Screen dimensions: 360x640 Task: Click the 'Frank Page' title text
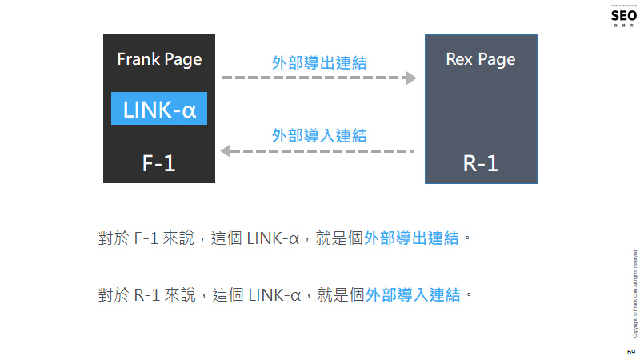(x=159, y=59)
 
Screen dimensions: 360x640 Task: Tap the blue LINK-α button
(x=159, y=108)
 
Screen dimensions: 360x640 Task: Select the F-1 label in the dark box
(x=158, y=162)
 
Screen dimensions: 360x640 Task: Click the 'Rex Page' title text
(x=480, y=59)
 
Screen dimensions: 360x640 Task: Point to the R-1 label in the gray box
(x=480, y=162)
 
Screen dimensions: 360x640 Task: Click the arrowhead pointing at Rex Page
(x=411, y=78)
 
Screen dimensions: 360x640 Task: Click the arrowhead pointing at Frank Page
(x=227, y=150)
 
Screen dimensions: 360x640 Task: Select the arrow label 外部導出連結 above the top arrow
(x=319, y=62)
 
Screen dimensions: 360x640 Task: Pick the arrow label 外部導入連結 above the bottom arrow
(x=319, y=134)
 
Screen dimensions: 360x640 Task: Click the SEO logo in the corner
(x=623, y=15)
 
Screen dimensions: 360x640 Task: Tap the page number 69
(x=630, y=352)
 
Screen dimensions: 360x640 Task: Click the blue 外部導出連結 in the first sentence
(x=411, y=238)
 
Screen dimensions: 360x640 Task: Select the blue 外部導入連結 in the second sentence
(x=413, y=295)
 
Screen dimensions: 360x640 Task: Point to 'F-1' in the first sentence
(x=145, y=238)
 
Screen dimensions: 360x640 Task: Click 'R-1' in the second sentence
(x=146, y=295)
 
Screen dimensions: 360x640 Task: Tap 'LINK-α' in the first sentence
(x=273, y=238)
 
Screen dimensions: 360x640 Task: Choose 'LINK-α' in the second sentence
(x=274, y=295)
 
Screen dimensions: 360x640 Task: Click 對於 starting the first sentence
(x=110, y=238)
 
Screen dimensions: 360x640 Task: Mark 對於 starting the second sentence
(x=110, y=295)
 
